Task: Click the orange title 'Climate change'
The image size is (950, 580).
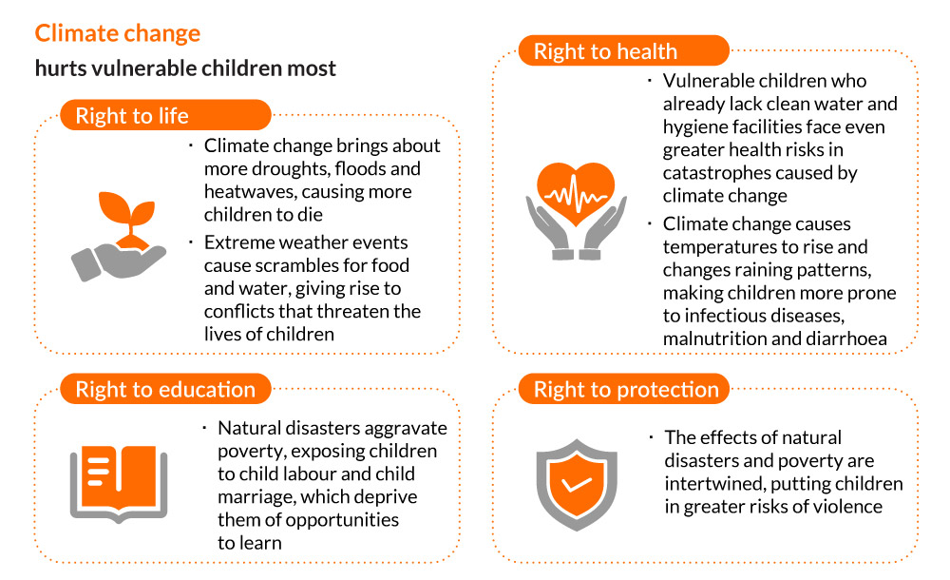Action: (118, 33)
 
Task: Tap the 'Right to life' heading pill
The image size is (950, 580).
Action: (165, 115)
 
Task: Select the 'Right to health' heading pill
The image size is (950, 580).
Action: (624, 51)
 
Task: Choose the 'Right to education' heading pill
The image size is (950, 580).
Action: (165, 389)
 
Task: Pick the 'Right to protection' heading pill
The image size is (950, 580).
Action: (624, 389)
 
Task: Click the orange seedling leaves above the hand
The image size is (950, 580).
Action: (126, 212)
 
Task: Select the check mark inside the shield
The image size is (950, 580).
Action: (577, 484)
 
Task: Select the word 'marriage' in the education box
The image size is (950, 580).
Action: (255, 497)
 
